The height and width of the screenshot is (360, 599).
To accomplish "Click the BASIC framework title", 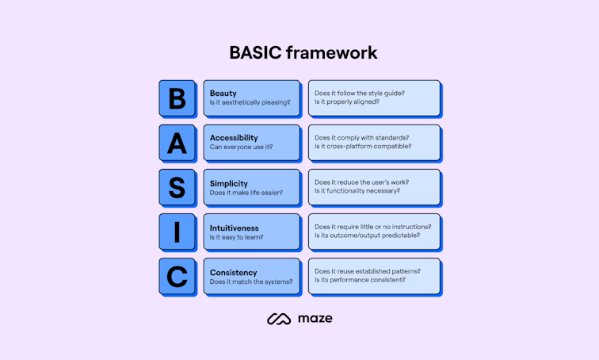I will (x=303, y=52).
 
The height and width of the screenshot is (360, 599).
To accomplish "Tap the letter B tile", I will (x=177, y=98).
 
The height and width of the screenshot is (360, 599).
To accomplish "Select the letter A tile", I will (x=177, y=143).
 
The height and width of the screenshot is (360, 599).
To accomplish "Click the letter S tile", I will (x=177, y=187).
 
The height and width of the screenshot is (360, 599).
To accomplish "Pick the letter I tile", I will (x=177, y=232).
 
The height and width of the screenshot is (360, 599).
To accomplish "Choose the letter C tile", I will (x=177, y=276).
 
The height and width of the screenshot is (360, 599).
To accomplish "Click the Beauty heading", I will (x=223, y=94).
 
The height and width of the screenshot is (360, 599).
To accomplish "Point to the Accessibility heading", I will (x=234, y=138).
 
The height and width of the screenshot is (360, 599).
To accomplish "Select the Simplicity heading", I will (x=229, y=182).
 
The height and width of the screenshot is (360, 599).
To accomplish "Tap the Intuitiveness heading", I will (x=235, y=228).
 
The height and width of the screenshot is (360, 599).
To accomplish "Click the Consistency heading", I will (x=233, y=272).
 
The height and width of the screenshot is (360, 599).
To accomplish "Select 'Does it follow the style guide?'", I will (x=359, y=93).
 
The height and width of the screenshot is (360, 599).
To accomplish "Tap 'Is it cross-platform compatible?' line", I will (x=363, y=147).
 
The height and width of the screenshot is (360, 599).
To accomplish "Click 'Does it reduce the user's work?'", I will (x=361, y=182).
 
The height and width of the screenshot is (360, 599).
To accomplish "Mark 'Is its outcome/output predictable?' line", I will (x=367, y=236).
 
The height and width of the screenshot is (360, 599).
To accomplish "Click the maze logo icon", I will (x=279, y=319).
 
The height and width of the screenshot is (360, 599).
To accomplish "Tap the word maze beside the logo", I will (x=315, y=319).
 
